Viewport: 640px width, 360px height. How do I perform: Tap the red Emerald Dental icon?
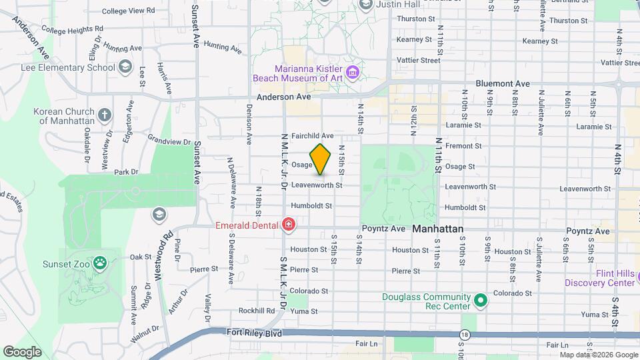288,225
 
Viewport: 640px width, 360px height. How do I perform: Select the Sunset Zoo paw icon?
100,262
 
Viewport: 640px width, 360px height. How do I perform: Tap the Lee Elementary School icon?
125,67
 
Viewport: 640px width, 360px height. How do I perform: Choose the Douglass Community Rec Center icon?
480,301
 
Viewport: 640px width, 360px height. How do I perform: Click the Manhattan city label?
437,229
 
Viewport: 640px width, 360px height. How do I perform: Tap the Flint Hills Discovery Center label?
599,277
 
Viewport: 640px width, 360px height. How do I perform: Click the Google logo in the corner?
22,351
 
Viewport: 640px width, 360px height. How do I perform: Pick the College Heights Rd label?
72,30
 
